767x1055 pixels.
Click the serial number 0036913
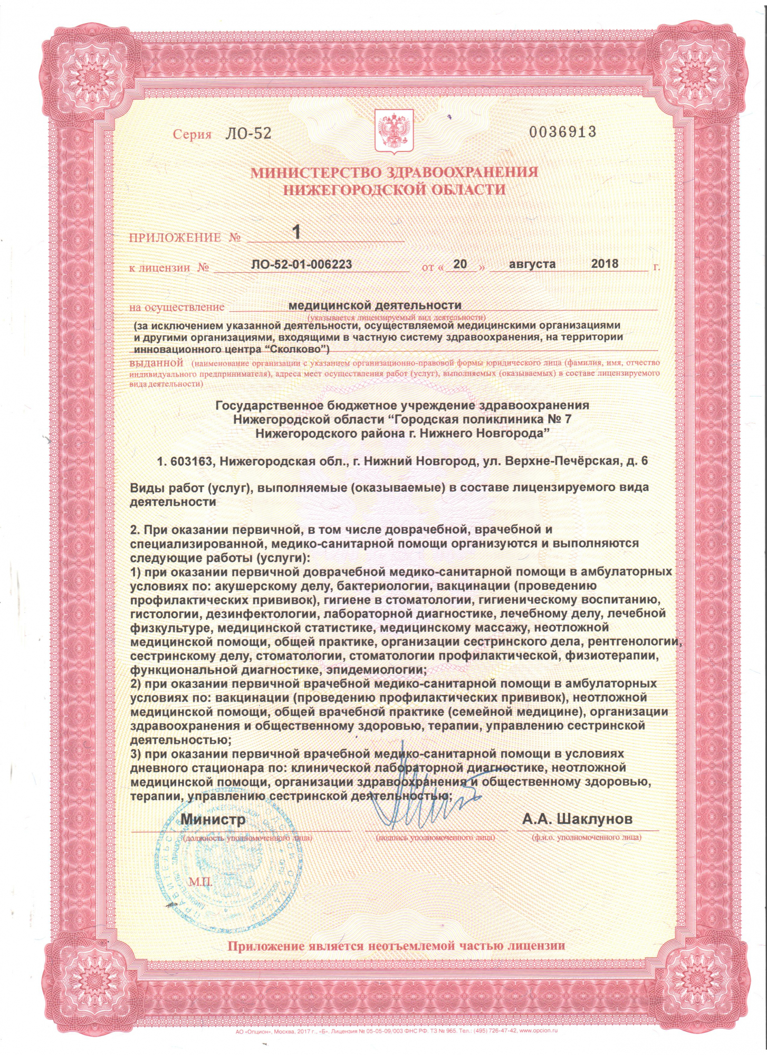(x=562, y=131)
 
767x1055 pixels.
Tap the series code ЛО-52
(x=248, y=133)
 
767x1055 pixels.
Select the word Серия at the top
(x=192, y=135)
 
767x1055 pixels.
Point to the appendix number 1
(x=297, y=232)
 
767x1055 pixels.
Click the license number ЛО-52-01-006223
(x=302, y=264)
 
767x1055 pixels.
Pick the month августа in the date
(x=532, y=264)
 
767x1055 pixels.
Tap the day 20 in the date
(x=460, y=264)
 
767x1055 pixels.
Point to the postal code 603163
(x=191, y=461)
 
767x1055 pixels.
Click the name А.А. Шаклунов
(x=577, y=819)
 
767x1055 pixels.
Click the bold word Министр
(x=213, y=819)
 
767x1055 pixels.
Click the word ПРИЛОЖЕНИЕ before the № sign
(x=175, y=237)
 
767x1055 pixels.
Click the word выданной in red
(x=156, y=363)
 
